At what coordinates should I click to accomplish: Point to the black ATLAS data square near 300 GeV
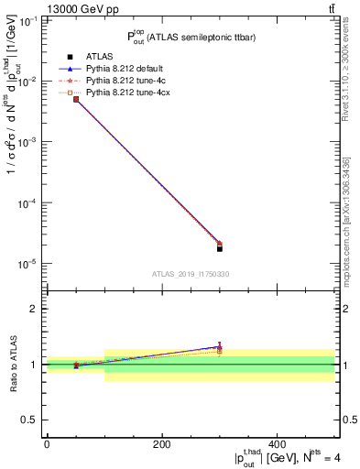coord(220,248)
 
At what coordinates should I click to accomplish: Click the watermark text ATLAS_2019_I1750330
coord(190,274)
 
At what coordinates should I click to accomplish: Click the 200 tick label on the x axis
coord(161,443)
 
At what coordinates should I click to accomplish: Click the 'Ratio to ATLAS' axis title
coord(13,364)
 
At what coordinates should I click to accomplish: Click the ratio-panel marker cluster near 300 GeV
coord(220,348)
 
